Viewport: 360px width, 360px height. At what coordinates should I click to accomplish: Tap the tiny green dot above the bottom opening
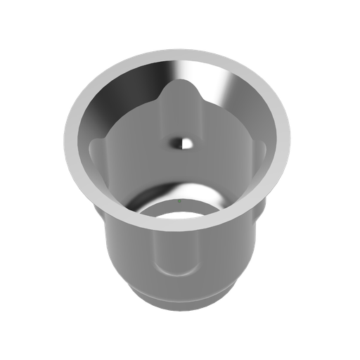[x=179, y=201]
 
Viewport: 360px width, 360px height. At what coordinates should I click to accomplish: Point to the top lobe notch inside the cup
[x=179, y=91]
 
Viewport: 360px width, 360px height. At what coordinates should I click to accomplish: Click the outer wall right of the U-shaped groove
[x=225, y=253]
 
